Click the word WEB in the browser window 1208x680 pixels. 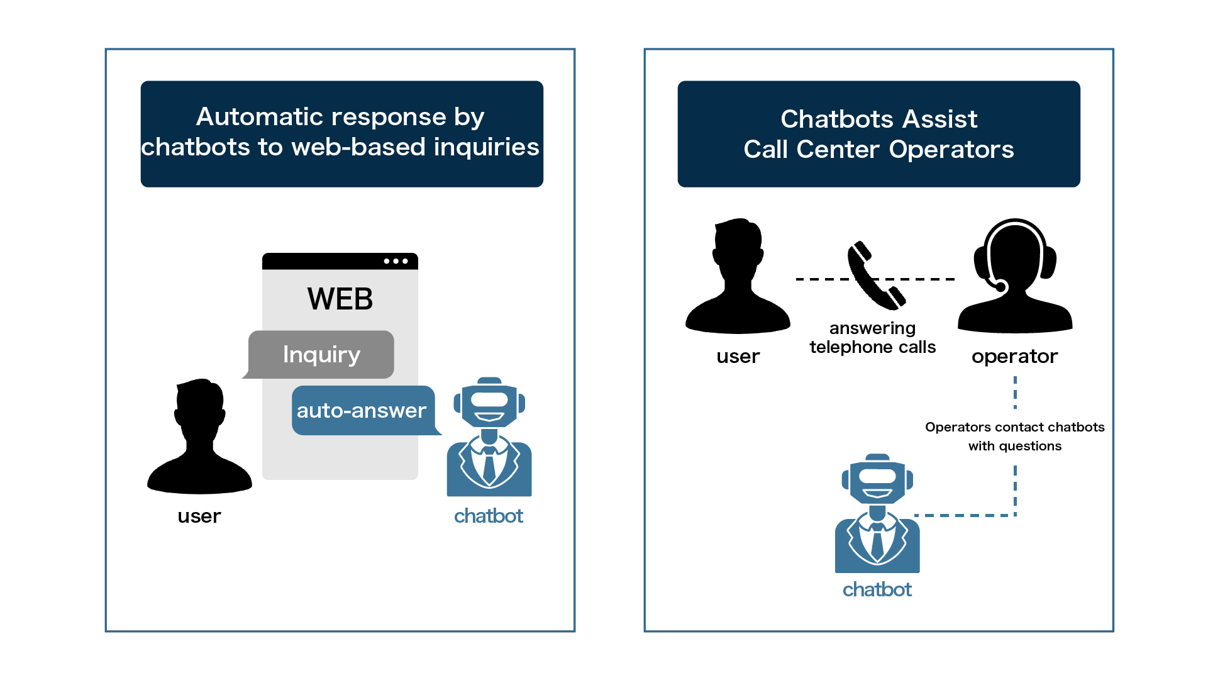coord(340,299)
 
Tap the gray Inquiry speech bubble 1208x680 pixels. coord(321,354)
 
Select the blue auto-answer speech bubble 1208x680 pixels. coord(362,410)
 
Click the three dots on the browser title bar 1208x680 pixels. coord(396,261)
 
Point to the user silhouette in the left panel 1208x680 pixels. coord(199,440)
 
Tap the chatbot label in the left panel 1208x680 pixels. coord(489,516)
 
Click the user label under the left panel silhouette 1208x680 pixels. coord(199,516)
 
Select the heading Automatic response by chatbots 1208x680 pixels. coord(341,133)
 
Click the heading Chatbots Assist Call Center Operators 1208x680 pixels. coord(878,134)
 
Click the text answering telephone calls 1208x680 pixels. coord(872,338)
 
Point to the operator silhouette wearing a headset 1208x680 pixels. coord(1014,277)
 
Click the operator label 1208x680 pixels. coord(1014,357)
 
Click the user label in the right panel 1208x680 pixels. coord(738,357)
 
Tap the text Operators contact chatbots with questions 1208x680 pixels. coord(1014,437)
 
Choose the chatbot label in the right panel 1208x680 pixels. coord(877,589)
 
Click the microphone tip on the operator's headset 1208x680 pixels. coord(1000,287)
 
